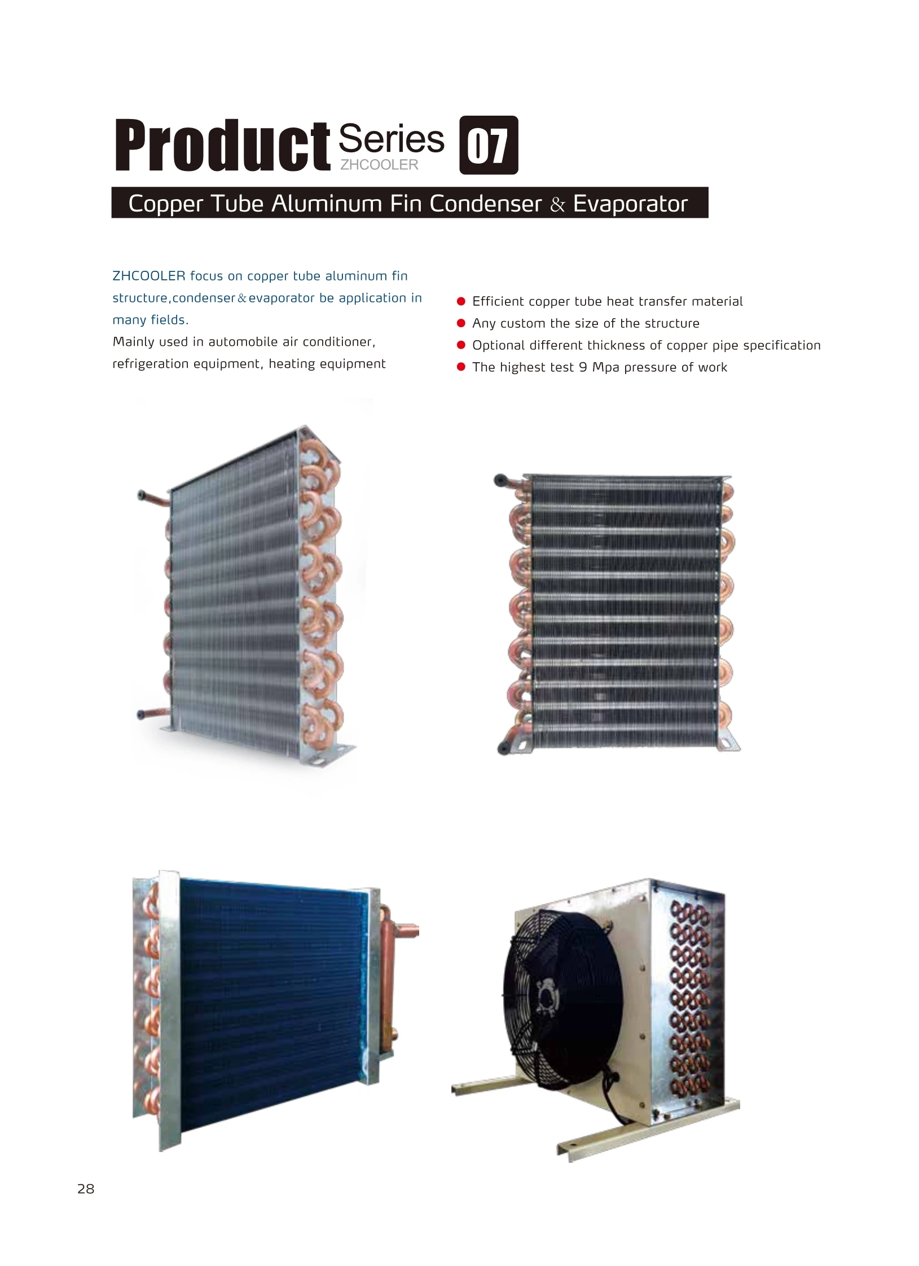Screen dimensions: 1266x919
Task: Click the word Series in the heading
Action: pyautogui.click(x=391, y=139)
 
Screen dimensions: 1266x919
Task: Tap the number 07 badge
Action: pyautogui.click(x=488, y=146)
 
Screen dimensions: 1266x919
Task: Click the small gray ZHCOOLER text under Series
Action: pyautogui.click(x=379, y=165)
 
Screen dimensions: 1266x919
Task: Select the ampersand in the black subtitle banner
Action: pyautogui.click(x=557, y=204)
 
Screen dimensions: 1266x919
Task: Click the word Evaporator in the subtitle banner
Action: pyautogui.click(x=630, y=204)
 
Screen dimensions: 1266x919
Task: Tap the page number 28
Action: pyautogui.click(x=86, y=1189)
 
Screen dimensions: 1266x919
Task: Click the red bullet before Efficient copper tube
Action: pyautogui.click(x=461, y=301)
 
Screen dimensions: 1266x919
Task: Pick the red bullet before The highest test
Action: pyautogui.click(x=461, y=367)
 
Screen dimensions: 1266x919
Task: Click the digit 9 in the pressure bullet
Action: pyautogui.click(x=583, y=367)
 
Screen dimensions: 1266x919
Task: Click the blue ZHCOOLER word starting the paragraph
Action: pyautogui.click(x=149, y=276)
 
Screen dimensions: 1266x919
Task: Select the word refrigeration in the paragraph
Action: pyautogui.click(x=151, y=364)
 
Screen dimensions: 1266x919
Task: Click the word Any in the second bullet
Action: pyautogui.click(x=484, y=323)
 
